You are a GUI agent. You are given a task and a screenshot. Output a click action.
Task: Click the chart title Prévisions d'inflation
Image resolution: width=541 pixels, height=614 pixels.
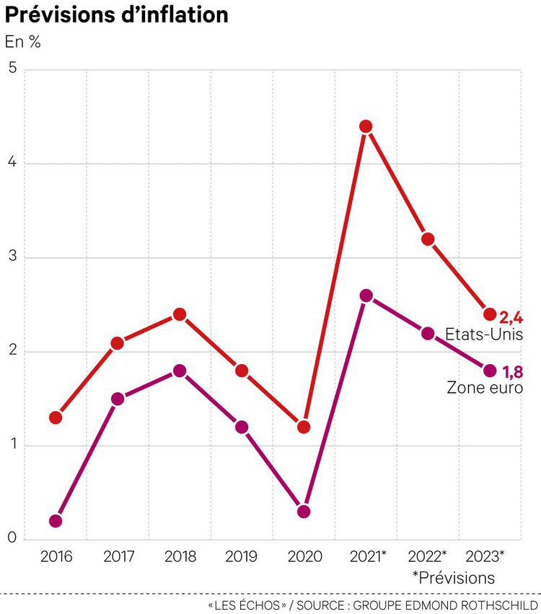tap(117, 15)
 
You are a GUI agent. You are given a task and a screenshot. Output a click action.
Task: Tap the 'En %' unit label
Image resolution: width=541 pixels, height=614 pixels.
tap(23, 41)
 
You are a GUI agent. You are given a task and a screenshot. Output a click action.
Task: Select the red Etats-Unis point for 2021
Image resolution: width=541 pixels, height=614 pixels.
tap(366, 126)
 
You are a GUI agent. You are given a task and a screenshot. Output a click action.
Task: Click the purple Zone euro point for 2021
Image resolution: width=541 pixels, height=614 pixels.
tap(366, 295)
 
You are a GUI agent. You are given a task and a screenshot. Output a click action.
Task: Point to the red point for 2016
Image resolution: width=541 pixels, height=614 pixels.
tap(56, 418)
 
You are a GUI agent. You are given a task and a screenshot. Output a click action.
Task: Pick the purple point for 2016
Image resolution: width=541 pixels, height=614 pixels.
tap(56, 521)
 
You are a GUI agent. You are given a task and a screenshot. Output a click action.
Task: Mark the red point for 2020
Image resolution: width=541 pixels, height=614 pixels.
tap(304, 427)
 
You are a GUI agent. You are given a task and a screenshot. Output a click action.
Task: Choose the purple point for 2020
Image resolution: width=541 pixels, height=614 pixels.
tap(304, 511)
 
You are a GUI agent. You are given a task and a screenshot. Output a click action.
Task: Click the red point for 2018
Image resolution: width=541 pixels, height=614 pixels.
tap(180, 314)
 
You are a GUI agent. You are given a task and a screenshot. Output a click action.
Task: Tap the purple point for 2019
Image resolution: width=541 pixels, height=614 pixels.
tap(242, 427)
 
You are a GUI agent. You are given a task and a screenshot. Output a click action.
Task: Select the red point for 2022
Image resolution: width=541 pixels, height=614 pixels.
tap(428, 239)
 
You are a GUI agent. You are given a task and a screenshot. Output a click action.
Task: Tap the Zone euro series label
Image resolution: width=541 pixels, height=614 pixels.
tap(485, 388)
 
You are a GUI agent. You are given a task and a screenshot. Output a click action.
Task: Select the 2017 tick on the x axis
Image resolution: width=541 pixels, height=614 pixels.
tap(118, 556)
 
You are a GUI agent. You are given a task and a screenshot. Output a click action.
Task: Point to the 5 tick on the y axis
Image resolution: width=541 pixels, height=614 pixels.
tap(12, 69)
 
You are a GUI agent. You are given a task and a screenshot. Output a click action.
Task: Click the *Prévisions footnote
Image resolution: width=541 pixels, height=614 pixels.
tap(454, 578)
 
